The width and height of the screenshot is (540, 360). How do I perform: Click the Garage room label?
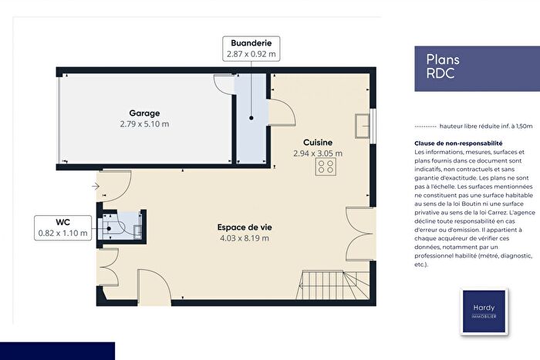tap(144, 113)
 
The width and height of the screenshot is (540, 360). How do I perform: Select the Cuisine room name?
tap(318, 143)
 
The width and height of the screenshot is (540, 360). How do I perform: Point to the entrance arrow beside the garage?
tap(95, 186)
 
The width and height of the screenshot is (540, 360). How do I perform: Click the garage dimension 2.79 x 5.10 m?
tap(144, 123)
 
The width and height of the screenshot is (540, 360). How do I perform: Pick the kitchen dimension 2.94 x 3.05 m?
tap(318, 153)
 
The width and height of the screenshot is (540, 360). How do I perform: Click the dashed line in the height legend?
tap(425, 125)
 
